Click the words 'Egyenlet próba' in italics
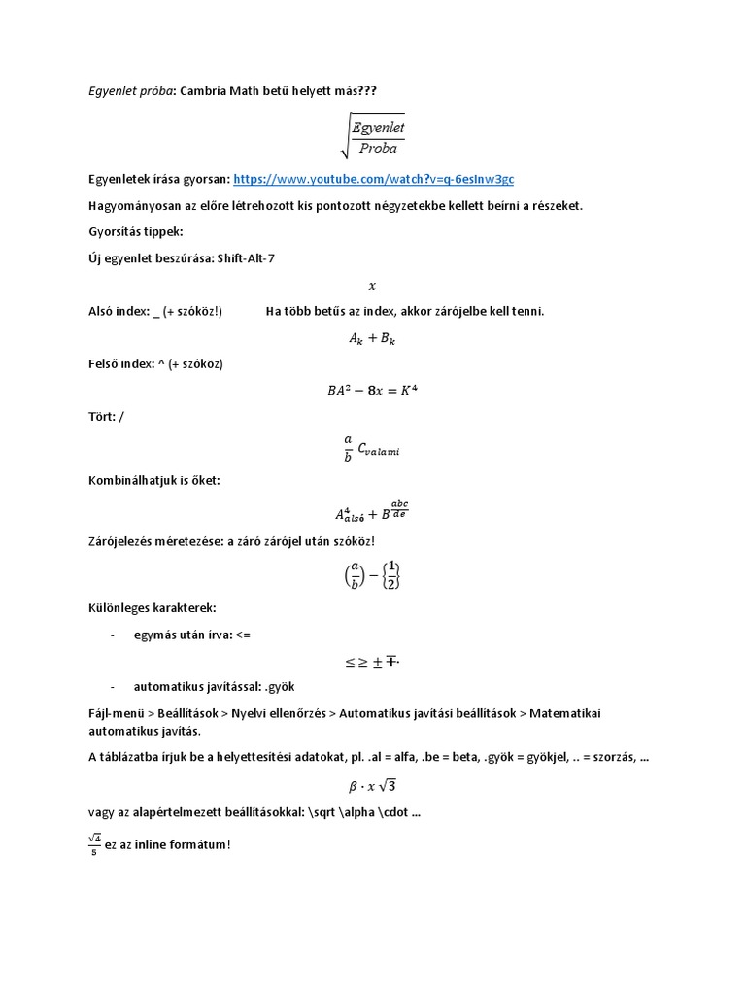click(x=130, y=90)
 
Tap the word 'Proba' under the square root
click(x=379, y=149)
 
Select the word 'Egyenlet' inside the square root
click(x=378, y=127)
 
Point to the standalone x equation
click(x=372, y=286)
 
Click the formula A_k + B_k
click(x=372, y=339)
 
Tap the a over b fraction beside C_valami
click(x=349, y=448)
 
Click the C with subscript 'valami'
click(x=379, y=449)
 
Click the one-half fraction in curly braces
click(x=391, y=576)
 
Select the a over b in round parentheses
click(x=356, y=576)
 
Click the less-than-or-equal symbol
click(x=351, y=663)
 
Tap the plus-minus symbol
click(x=377, y=663)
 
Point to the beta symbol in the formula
click(x=341, y=786)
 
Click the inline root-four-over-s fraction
click(x=94, y=844)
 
